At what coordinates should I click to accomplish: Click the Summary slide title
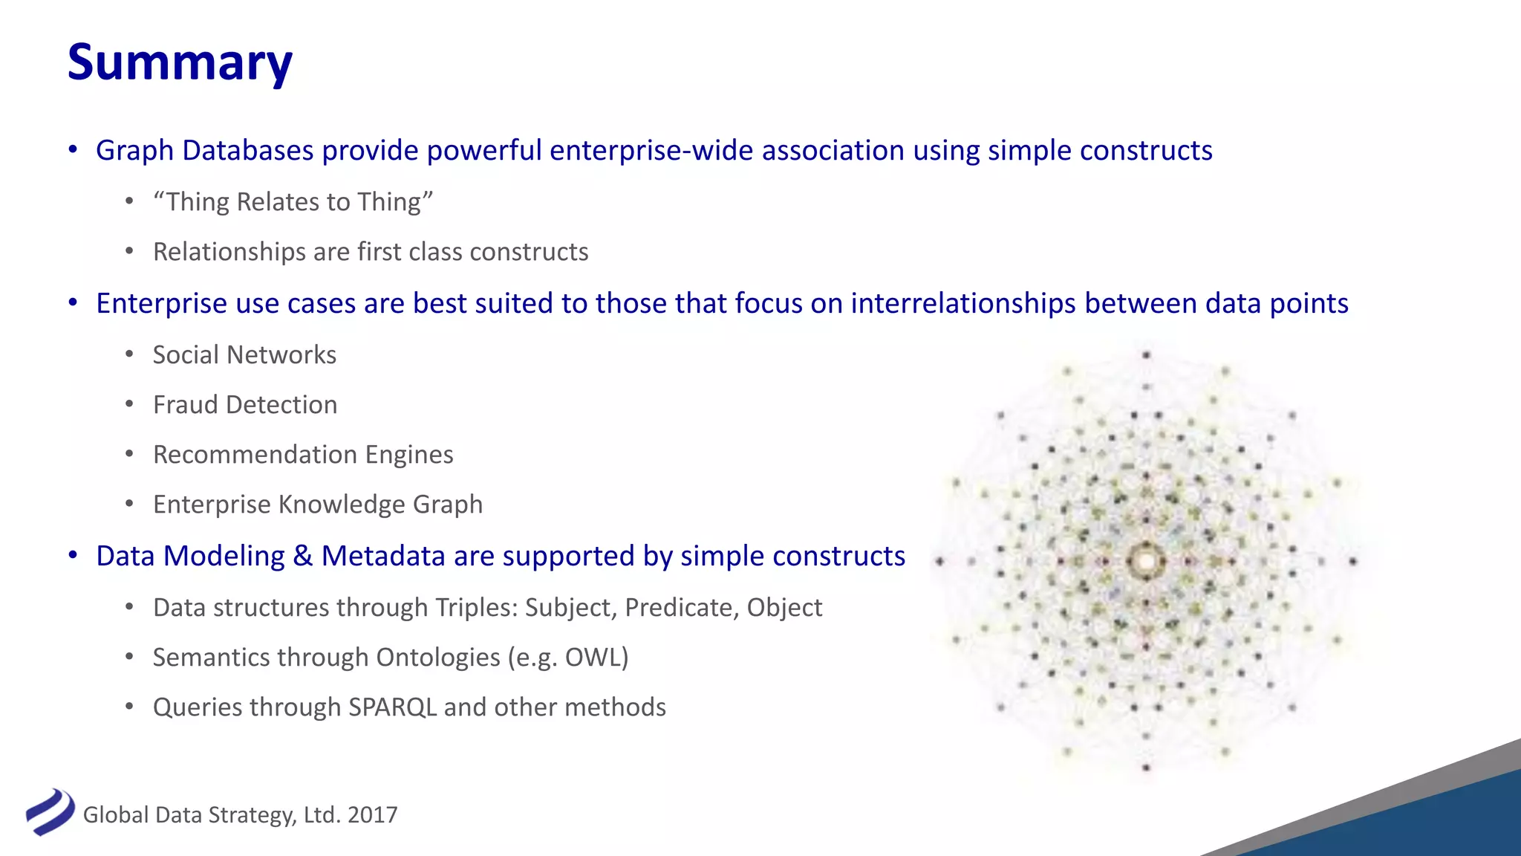click(x=180, y=62)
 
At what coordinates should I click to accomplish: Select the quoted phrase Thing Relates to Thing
click(x=293, y=202)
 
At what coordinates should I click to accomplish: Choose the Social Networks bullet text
click(x=244, y=355)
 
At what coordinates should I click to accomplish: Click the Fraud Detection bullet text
click(x=245, y=405)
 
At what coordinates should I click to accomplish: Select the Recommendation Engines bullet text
click(x=303, y=455)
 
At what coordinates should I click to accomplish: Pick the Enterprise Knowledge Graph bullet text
click(x=318, y=505)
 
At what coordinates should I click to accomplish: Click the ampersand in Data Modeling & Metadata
click(x=302, y=557)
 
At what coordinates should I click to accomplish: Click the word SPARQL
click(x=392, y=707)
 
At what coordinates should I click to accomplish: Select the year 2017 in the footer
click(x=372, y=815)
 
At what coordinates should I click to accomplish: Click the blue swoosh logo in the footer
click(x=50, y=811)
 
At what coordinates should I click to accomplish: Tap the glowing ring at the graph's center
click(x=1145, y=561)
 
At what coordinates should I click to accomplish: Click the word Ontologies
click(x=438, y=658)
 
